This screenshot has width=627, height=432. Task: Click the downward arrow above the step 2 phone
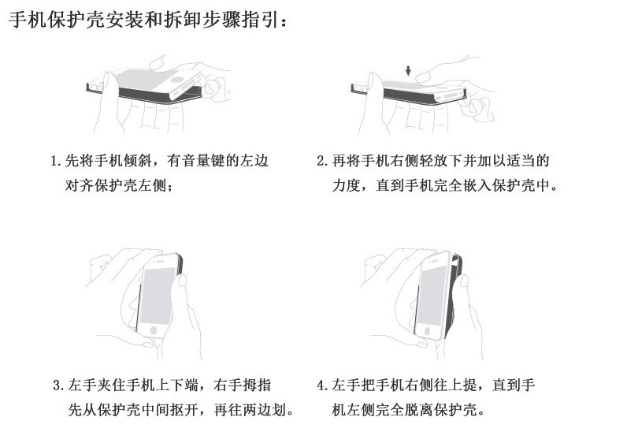click(408, 71)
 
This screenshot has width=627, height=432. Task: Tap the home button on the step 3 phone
click(153, 331)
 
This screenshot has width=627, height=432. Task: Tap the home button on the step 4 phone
click(427, 331)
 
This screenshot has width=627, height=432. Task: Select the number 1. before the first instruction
click(56, 162)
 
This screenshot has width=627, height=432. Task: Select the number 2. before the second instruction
click(322, 162)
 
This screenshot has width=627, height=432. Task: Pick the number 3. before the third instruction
click(58, 385)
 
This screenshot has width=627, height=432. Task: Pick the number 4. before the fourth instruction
click(322, 385)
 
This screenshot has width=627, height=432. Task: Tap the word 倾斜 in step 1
click(138, 161)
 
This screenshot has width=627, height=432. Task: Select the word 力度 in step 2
click(347, 185)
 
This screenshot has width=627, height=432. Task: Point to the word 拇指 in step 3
click(257, 385)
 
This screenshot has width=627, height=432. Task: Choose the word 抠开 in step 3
click(184, 410)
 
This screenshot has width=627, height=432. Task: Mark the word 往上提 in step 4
click(455, 385)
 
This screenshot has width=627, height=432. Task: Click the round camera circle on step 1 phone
click(177, 80)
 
